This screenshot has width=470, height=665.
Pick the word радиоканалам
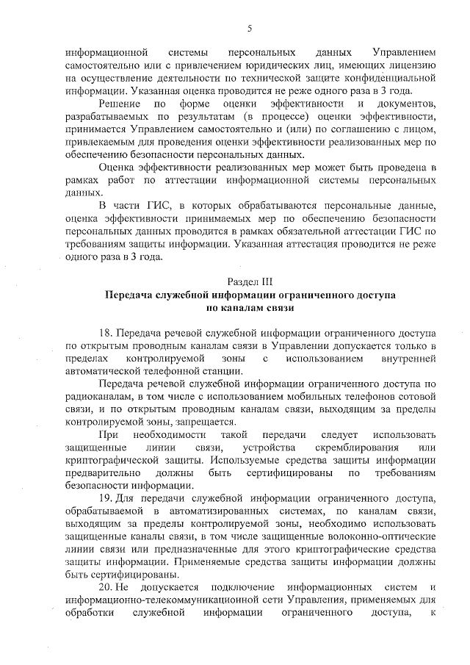[x=97, y=396]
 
